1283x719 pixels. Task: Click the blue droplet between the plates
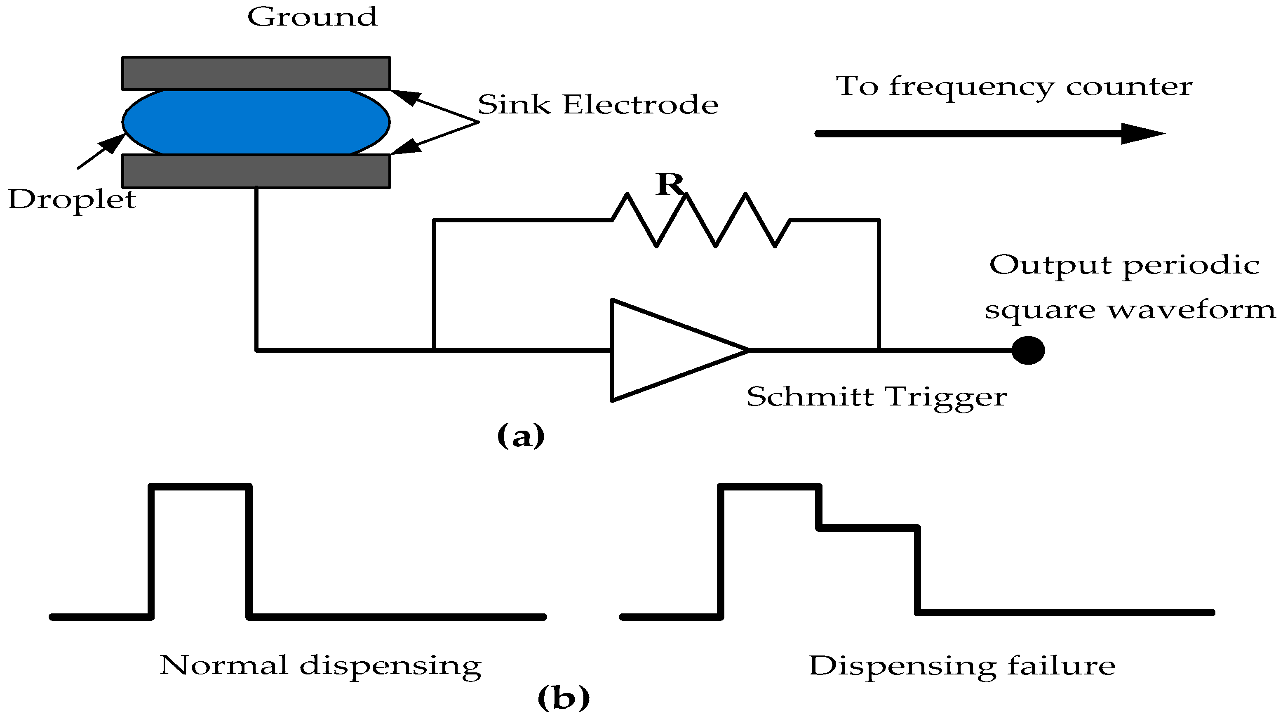tap(256, 122)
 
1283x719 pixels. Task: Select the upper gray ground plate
tap(256, 73)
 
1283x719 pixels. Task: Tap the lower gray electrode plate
tap(256, 171)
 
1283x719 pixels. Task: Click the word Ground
tap(312, 17)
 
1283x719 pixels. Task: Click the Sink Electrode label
tap(598, 105)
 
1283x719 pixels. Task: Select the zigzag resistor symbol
tap(701, 220)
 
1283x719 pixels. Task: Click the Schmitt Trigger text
tap(876, 397)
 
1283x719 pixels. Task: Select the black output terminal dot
tap(1028, 350)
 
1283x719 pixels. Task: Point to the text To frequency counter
tap(1014, 87)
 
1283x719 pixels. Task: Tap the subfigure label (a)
tap(521, 436)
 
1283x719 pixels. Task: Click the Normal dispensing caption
tap(320, 666)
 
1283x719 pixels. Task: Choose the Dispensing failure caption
tap(962, 666)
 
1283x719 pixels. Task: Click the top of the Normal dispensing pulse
tap(200, 487)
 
